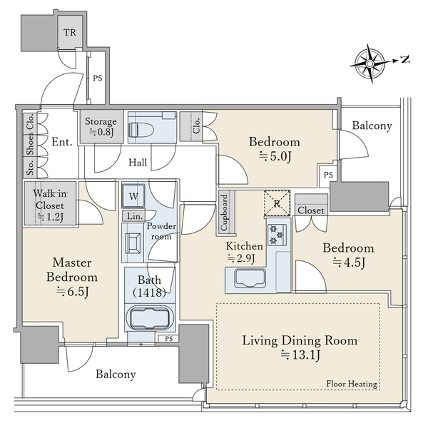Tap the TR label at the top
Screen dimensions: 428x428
pos(70,33)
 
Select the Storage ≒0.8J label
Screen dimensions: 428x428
pos(101,126)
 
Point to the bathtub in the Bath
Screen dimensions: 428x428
pos(150,319)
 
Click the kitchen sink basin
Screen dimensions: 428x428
pos(250,278)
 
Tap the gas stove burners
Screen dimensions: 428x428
pos(277,235)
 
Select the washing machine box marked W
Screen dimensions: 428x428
pos(133,196)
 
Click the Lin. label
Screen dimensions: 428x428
pos(135,216)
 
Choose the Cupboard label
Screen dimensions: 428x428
pos(224,213)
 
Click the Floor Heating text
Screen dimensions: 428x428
pos(352,384)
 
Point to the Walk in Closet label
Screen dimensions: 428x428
pos(50,205)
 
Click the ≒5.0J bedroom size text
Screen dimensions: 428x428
pos(275,156)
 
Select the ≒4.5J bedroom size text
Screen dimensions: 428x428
pos(349,263)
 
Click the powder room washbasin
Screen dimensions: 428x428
pos(133,243)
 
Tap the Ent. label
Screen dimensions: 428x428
pos(62,142)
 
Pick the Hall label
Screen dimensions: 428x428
pos(138,163)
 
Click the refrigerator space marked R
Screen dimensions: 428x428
pos(277,203)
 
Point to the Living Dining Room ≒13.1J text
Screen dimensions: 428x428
pos(300,348)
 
